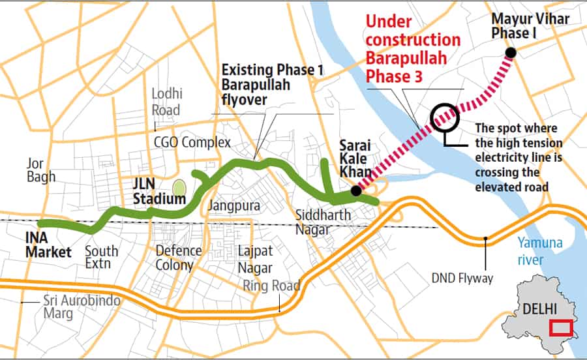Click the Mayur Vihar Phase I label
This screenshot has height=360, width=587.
pyautogui.click(x=530, y=25)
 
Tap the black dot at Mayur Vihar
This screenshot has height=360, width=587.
pyautogui.click(x=511, y=53)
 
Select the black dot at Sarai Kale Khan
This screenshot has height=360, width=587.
pyautogui.click(x=355, y=191)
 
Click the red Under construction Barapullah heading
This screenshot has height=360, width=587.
pyautogui.click(x=412, y=50)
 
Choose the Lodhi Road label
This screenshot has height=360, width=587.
pyautogui.click(x=166, y=101)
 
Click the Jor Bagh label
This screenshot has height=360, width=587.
pyautogui.click(x=41, y=169)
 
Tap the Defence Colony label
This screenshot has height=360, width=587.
pyautogui.click(x=174, y=258)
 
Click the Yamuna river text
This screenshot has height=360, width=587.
pyautogui.click(x=540, y=251)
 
